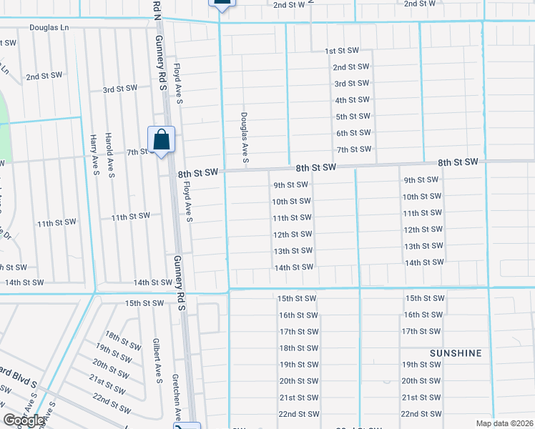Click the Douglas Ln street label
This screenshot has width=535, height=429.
pyautogui.click(x=49, y=28)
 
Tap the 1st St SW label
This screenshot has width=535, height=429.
pyautogui.click(x=340, y=51)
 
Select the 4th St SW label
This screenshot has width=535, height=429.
pyautogui.click(x=353, y=100)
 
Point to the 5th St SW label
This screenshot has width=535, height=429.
pyautogui.click(x=353, y=117)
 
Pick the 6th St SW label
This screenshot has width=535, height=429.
pyautogui.click(x=353, y=133)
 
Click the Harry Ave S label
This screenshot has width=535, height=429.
pyautogui.click(x=94, y=154)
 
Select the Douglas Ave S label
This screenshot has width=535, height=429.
pyautogui.click(x=244, y=138)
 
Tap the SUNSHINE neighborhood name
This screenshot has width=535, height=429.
pyautogui.click(x=456, y=353)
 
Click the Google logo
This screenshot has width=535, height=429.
pyautogui.click(x=23, y=420)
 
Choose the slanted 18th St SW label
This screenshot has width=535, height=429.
pyautogui.click(x=122, y=340)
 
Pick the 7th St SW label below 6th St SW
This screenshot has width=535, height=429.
pyautogui.click(x=353, y=149)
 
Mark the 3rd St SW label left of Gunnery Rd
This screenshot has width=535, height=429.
pyautogui.click(x=119, y=89)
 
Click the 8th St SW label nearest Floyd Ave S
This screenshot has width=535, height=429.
pyautogui.click(x=197, y=173)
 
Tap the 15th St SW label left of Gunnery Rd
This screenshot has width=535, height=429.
pyautogui.click(x=144, y=303)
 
